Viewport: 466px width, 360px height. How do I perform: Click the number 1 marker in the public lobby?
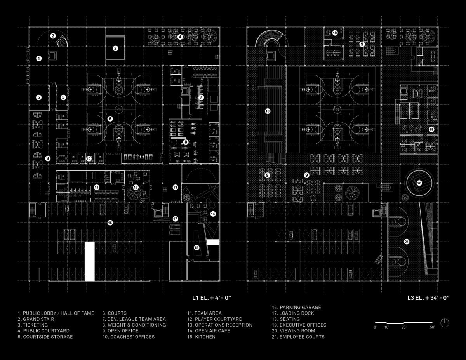39,59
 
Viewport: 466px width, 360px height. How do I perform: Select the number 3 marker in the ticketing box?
115,49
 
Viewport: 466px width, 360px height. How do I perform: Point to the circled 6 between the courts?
110,118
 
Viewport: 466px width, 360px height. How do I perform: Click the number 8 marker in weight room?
186,142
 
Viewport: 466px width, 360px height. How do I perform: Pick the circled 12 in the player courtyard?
136,187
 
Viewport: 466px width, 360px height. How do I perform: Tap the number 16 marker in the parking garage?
110,223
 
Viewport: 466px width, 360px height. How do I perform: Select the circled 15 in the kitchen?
196,247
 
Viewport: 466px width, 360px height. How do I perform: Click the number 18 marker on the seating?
267,111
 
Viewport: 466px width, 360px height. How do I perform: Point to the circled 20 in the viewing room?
419,183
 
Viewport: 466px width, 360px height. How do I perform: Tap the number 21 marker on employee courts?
407,242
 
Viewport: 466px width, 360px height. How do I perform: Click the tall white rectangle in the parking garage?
90,261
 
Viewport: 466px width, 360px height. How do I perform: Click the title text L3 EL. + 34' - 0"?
428,298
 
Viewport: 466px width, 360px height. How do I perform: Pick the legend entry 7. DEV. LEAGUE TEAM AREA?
134,319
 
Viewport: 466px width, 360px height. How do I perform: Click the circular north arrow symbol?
445,323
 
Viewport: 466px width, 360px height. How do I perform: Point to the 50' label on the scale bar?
432,328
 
